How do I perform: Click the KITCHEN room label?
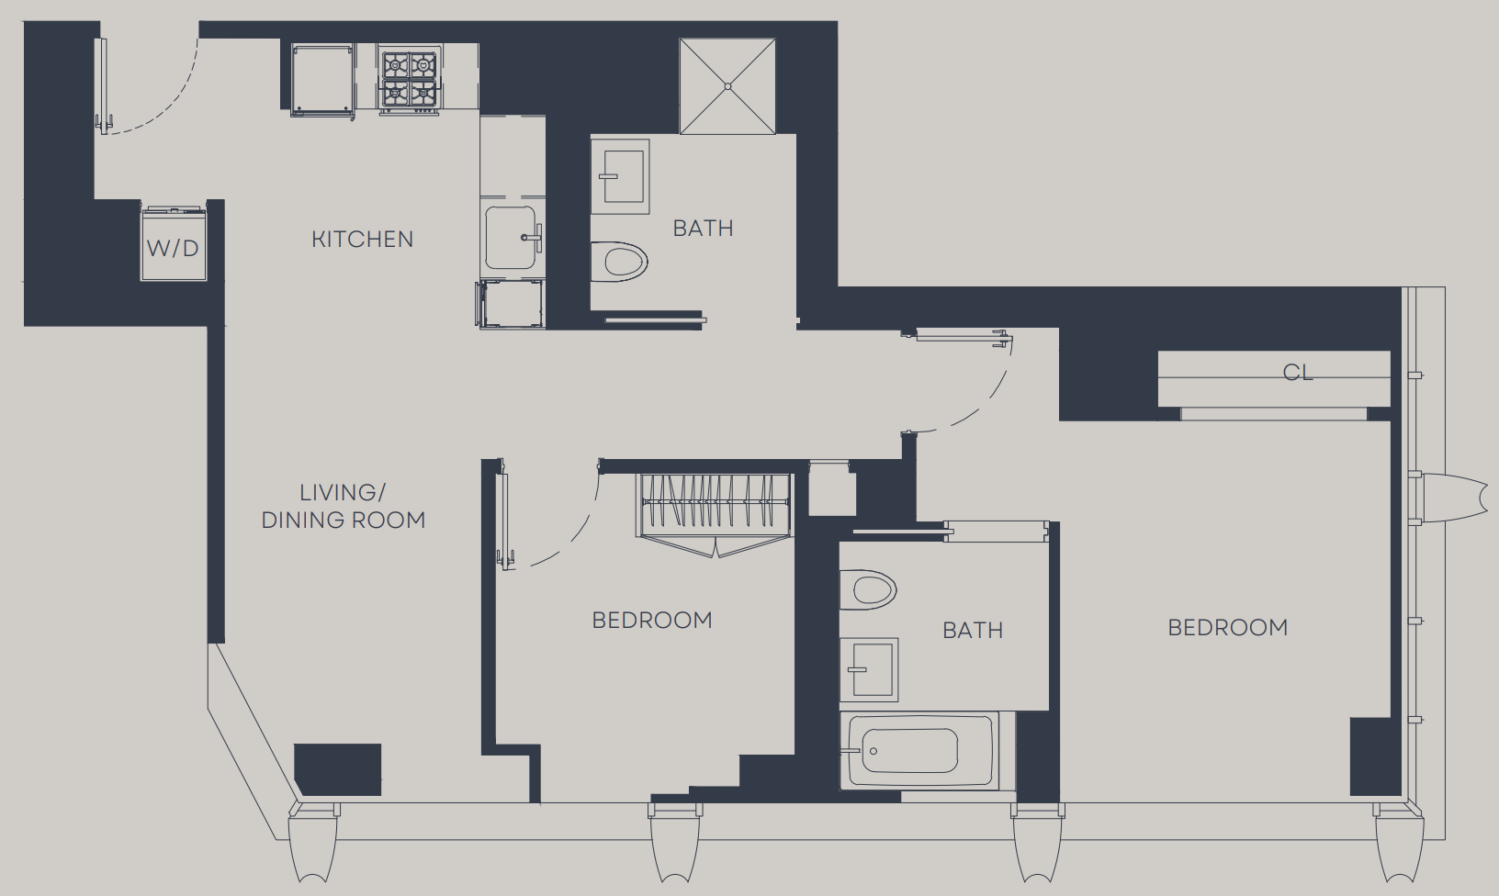click(x=363, y=240)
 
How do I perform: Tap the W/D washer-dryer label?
click(x=173, y=249)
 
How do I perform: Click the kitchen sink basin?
click(x=511, y=238)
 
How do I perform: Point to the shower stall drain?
click(x=727, y=86)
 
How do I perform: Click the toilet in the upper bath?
click(x=619, y=263)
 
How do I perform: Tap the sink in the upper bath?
click(x=620, y=176)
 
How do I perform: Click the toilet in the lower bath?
click(x=868, y=589)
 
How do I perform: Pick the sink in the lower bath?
click(x=869, y=669)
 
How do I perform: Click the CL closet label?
click(x=1298, y=373)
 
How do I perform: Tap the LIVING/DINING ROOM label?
click(x=344, y=506)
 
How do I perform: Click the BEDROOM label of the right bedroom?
click(x=1228, y=628)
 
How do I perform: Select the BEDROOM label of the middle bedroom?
click(x=652, y=621)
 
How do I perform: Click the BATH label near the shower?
click(x=704, y=229)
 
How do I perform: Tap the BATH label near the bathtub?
click(x=973, y=631)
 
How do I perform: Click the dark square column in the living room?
click(x=337, y=769)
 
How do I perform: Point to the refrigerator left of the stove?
click(x=321, y=79)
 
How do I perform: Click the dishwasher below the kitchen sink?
click(x=511, y=304)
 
